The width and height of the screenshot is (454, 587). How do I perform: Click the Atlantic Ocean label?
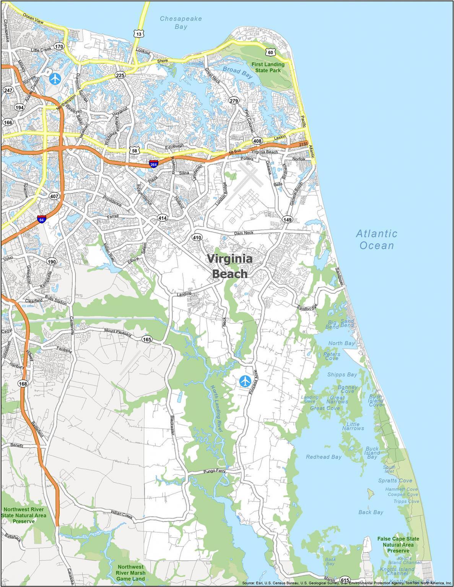point(376,239)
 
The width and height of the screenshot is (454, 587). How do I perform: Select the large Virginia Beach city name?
point(229,266)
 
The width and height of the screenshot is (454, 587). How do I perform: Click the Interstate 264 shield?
point(153,164)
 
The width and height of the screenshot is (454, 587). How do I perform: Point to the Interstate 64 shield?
point(42,219)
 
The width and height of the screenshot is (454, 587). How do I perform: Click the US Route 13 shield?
point(139,34)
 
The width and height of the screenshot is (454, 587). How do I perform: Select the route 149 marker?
point(288,219)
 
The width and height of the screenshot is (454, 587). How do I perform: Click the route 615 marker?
point(345,580)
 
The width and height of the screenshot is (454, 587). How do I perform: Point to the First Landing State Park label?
point(270,67)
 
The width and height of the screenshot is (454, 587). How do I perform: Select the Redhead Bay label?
point(324,457)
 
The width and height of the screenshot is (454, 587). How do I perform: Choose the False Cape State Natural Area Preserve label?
point(398,544)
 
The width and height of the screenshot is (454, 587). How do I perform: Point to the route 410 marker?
point(197,237)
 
